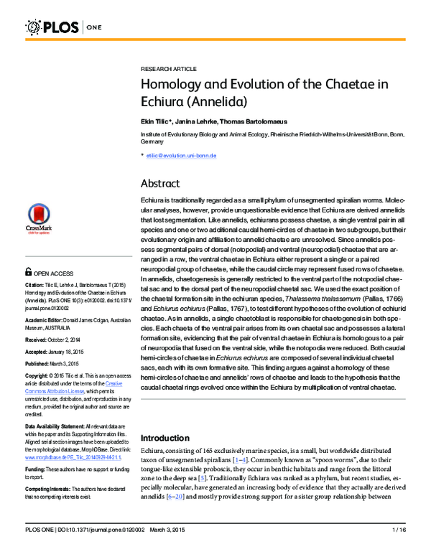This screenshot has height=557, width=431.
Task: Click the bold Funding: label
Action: pos(37,469)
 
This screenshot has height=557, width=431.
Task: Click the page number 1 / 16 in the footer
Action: pos(399,550)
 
